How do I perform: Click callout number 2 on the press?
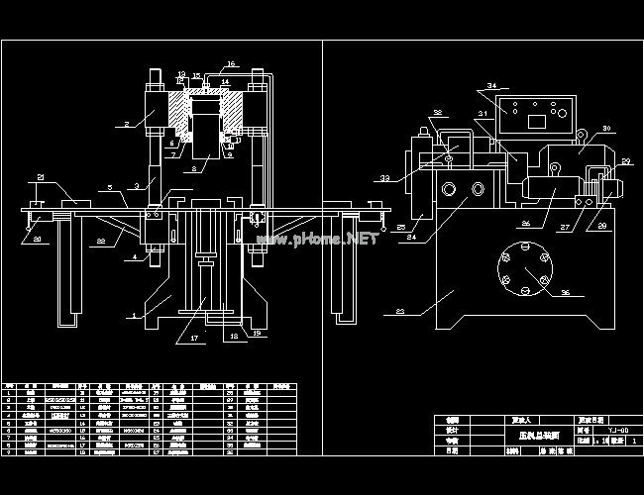coord(128,124)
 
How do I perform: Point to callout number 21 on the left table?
coord(40,177)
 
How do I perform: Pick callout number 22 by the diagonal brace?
coord(101,240)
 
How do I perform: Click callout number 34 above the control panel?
coord(492,87)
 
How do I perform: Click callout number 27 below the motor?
coord(566,228)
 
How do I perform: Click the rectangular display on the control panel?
coord(539,122)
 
